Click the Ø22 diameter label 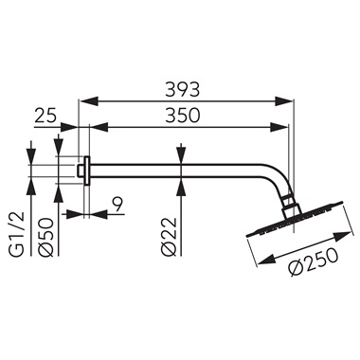(x=168, y=237)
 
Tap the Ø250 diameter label (x=309, y=268)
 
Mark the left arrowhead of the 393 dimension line (x=81, y=99)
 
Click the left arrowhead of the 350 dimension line (x=94, y=125)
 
